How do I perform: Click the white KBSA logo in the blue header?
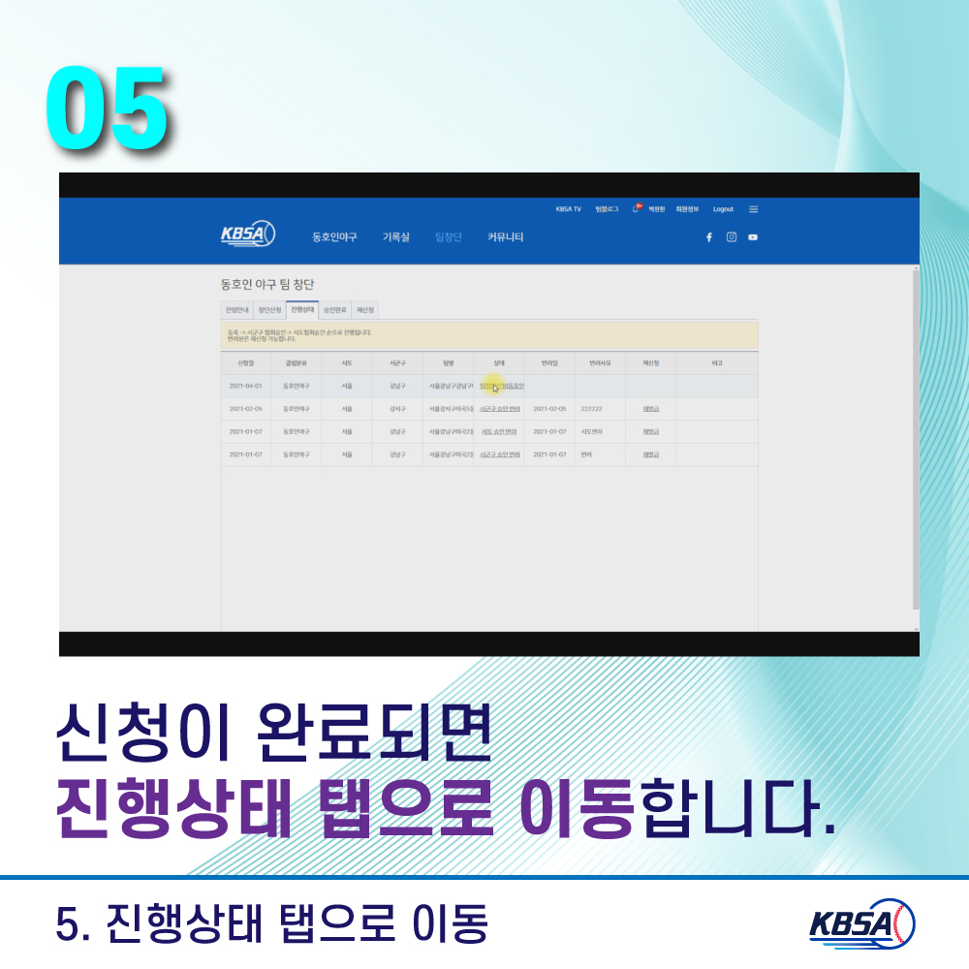(248, 234)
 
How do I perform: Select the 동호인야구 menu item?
(334, 237)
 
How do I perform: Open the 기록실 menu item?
(395, 237)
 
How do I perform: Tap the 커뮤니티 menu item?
(506, 237)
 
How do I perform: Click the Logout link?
(723, 209)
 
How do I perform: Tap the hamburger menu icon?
(754, 209)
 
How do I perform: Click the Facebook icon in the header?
(709, 237)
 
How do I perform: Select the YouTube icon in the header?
(753, 237)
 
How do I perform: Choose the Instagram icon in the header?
(732, 237)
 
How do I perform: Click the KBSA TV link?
(569, 209)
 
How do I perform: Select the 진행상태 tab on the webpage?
(302, 310)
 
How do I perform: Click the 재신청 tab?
(365, 310)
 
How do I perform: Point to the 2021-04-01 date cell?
(245, 386)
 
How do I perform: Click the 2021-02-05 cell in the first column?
(245, 409)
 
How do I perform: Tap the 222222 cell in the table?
(592, 409)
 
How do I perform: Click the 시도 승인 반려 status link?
(499, 431)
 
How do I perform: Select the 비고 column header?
(717, 362)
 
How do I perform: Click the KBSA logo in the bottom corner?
(862, 922)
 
